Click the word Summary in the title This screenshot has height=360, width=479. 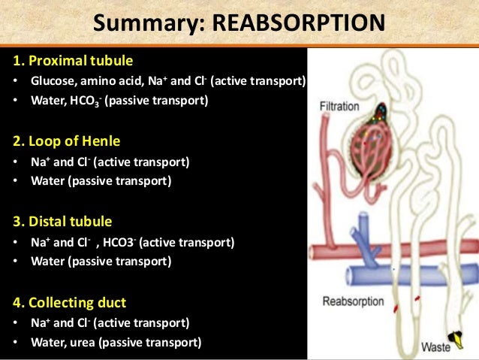[140, 23]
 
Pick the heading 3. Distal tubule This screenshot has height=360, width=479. [62, 222]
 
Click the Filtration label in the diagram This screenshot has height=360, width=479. [339, 107]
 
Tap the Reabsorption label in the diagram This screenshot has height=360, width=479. [353, 302]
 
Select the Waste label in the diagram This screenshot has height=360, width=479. [435, 347]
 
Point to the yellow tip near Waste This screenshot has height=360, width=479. [453, 337]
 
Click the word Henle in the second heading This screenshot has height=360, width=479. [101, 141]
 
